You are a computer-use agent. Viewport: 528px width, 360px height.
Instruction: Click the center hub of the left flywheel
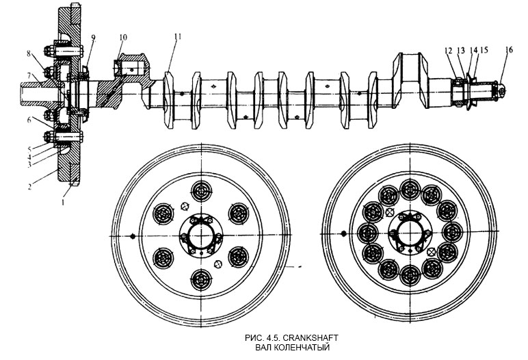coord(199,234)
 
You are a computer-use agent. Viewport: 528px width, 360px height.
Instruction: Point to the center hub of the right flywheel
coord(408,233)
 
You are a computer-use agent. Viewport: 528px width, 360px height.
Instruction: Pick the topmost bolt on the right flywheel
coord(409,188)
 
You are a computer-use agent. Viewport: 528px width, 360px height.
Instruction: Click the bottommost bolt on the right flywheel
coord(409,278)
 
